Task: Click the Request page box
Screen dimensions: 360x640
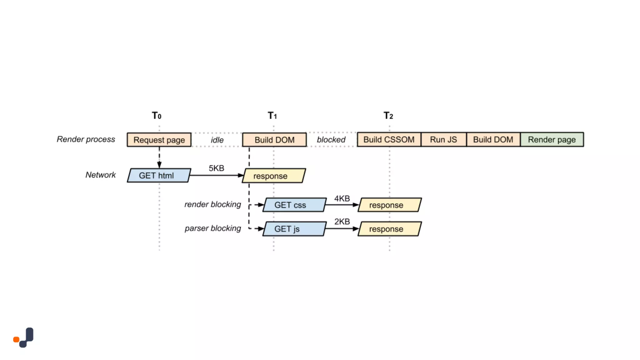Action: point(159,140)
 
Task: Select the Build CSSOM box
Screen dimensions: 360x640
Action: point(389,139)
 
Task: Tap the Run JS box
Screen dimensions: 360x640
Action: point(443,139)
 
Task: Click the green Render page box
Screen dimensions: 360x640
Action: point(552,139)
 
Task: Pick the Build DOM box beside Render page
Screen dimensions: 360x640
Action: point(493,139)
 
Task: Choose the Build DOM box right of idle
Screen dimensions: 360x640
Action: point(274,140)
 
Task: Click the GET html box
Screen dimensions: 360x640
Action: point(158,175)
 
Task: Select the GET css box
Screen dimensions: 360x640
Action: point(294,205)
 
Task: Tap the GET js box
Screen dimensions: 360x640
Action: point(294,229)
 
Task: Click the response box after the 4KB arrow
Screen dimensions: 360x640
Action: point(389,205)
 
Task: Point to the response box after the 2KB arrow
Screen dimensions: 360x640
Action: point(389,229)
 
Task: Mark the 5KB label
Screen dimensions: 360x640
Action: point(216,168)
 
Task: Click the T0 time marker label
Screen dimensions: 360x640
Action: point(157,116)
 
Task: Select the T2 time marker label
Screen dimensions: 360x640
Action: point(388,116)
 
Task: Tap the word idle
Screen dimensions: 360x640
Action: point(217,140)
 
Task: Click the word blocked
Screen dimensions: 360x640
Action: point(331,140)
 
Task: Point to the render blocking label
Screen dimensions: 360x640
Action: point(212,204)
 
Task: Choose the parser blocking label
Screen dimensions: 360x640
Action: point(212,228)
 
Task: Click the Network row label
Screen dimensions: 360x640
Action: point(100,175)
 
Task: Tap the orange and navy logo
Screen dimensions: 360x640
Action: point(24,337)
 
